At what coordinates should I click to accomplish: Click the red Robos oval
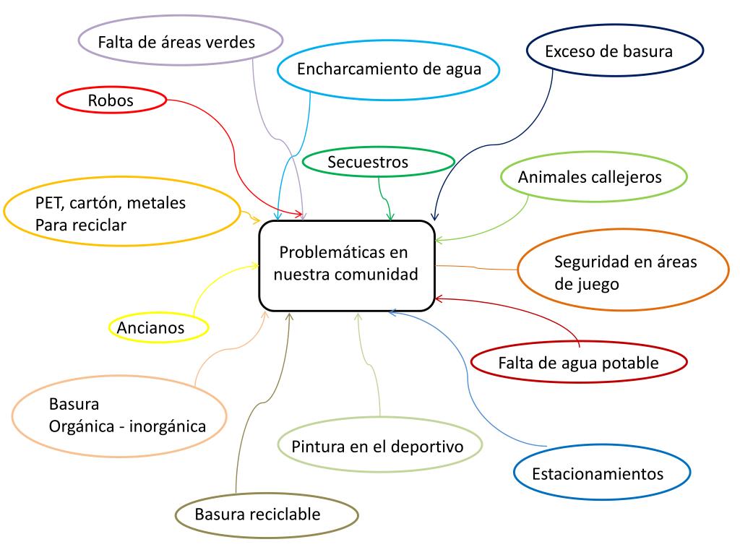click(111, 101)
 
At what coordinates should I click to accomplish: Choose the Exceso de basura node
click(614, 51)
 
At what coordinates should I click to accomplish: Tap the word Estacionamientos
click(597, 474)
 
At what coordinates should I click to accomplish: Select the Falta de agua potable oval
click(577, 363)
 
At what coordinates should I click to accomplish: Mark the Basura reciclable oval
click(267, 515)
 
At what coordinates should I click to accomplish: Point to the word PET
click(49, 203)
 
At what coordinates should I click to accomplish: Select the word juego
click(597, 284)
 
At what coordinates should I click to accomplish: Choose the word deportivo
click(436, 446)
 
